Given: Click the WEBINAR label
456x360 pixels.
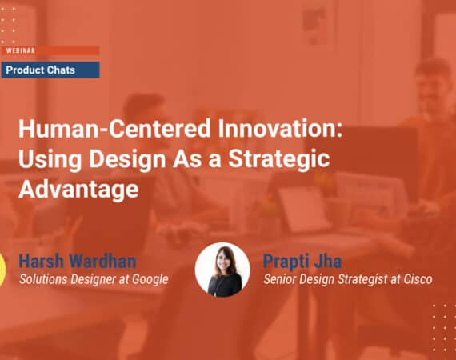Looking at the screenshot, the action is click(x=20, y=50).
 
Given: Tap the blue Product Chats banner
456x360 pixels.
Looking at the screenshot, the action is click(x=50, y=70).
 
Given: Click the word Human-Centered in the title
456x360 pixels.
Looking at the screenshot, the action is click(x=114, y=129).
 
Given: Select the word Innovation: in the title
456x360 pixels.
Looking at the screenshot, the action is click(x=280, y=128).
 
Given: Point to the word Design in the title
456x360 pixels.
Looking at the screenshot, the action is click(x=127, y=160).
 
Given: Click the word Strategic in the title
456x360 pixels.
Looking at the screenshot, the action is click(x=279, y=160).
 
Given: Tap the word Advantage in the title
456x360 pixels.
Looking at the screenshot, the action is click(x=78, y=190).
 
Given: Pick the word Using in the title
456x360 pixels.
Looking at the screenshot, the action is click(x=50, y=160).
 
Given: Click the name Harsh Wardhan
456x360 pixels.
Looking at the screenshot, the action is click(x=78, y=261).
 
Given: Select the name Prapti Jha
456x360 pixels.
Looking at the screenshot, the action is click(x=302, y=261).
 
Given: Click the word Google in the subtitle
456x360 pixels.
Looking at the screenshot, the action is click(x=150, y=280).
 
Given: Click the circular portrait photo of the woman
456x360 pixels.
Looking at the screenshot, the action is click(x=222, y=270).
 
